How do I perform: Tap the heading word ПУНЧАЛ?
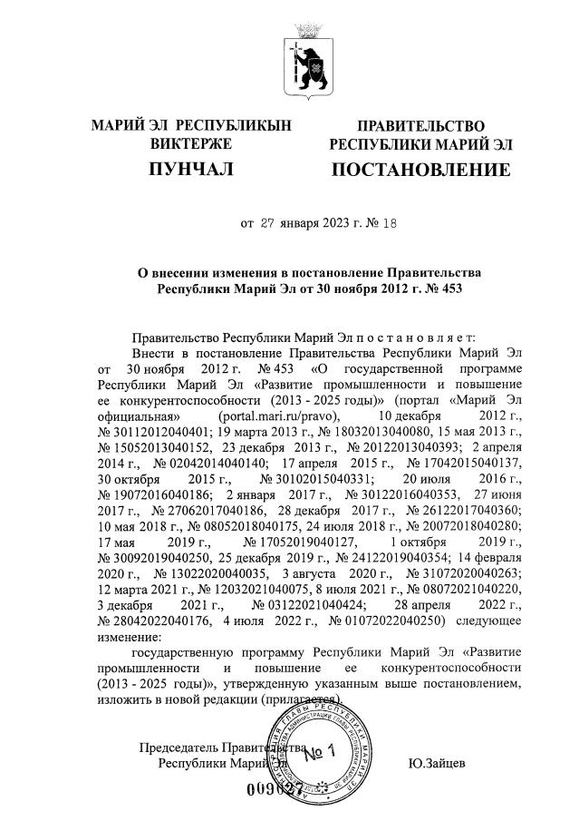point(191,170)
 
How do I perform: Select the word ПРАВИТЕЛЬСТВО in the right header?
point(420,125)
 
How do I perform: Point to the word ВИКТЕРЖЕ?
point(191,143)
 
